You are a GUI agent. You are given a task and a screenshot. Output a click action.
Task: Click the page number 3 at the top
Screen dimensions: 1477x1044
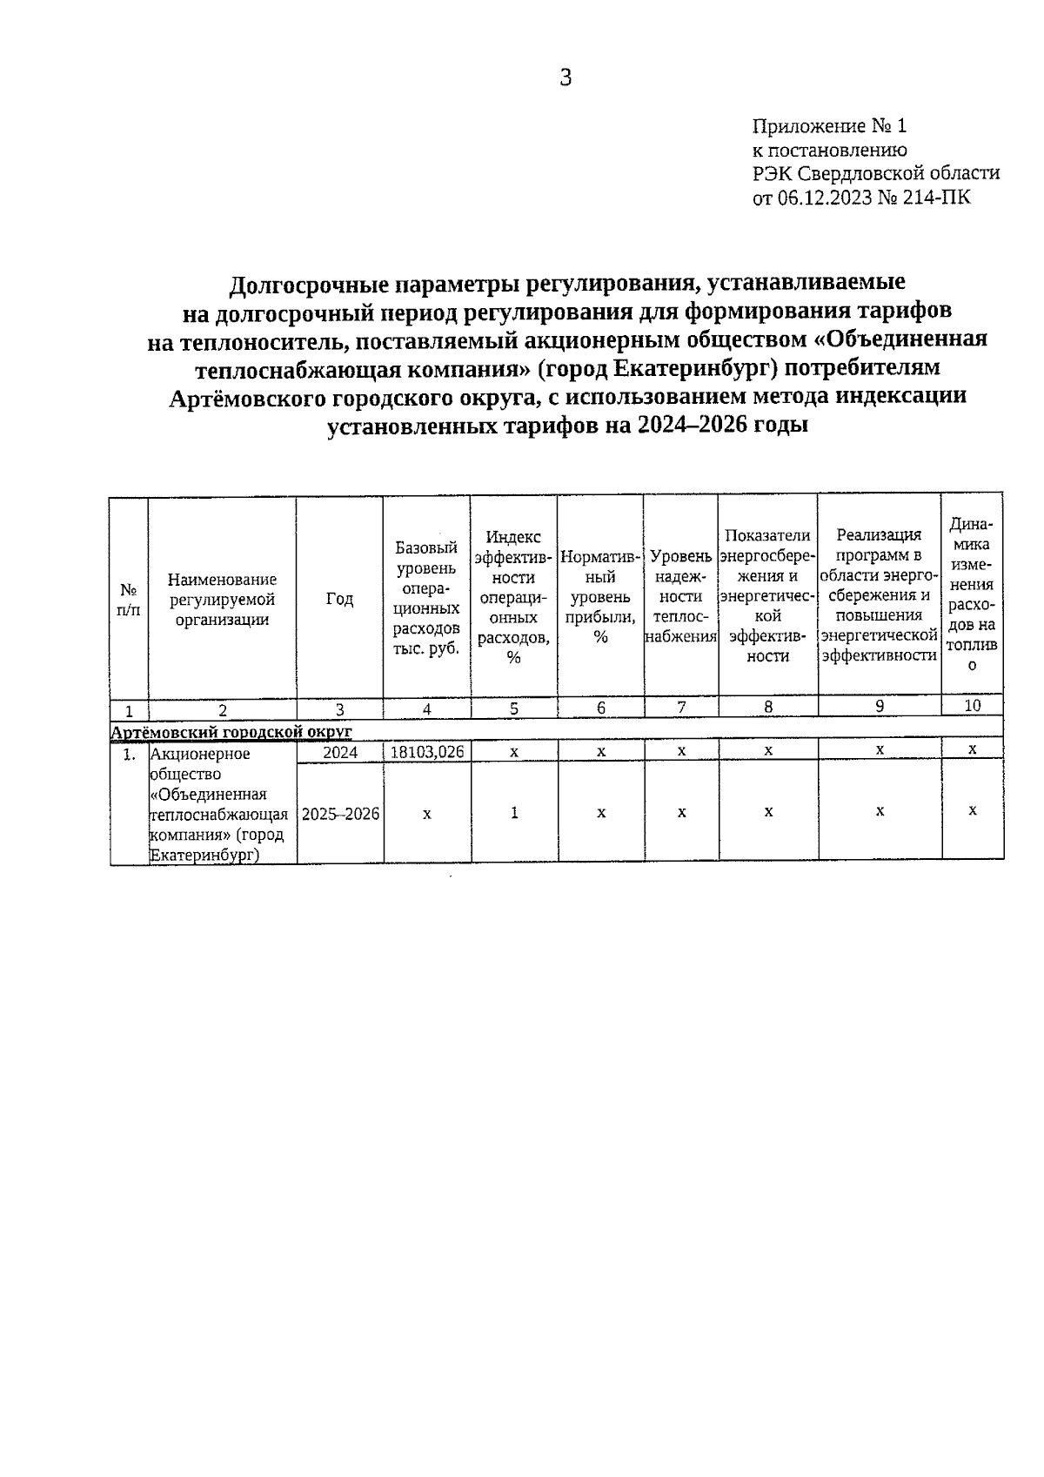point(565,78)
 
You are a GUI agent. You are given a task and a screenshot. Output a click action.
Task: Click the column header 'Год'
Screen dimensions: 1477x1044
point(339,599)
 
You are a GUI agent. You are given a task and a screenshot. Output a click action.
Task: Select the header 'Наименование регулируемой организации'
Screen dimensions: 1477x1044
point(223,599)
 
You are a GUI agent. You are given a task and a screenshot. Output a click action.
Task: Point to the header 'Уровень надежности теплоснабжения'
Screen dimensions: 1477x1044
point(681,595)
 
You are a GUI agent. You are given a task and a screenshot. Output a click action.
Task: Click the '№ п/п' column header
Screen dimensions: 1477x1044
point(128,599)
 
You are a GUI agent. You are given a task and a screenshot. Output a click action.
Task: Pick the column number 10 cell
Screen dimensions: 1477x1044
point(972,706)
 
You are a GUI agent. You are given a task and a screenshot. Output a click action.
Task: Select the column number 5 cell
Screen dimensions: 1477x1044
point(514,708)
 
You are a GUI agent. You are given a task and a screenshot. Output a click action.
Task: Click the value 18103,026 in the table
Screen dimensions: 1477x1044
point(426,752)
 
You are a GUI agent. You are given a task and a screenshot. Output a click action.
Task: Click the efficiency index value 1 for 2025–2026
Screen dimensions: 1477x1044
point(514,813)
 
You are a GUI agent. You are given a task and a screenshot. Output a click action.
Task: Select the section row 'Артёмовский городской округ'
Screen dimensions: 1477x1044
point(231,730)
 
